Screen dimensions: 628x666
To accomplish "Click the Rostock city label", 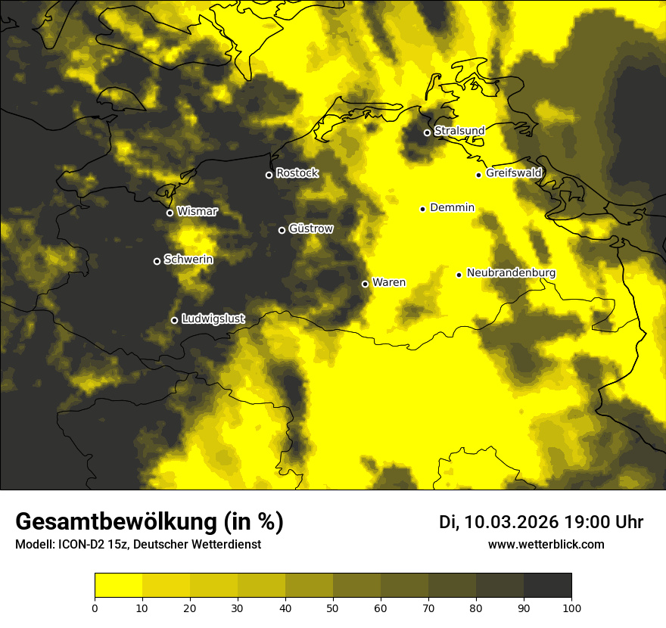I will [297, 173].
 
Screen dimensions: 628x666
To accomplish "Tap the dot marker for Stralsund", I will [427, 132].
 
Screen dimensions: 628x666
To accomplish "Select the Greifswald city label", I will [514, 173].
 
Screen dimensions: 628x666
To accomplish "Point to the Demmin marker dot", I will [422, 209].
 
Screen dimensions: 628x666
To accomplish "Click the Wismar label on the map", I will [197, 211].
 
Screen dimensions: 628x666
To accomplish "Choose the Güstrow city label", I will [310, 229].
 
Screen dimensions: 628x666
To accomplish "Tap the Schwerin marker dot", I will [157, 261].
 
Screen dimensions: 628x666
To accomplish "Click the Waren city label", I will [388, 283].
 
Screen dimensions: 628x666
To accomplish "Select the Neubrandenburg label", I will [511, 273].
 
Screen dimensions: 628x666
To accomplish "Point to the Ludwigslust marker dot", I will [174, 320].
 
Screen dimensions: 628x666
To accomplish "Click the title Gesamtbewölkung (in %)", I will [149, 522].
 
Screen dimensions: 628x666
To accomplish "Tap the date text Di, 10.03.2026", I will [499, 522].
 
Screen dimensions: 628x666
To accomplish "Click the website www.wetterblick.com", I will [546, 544].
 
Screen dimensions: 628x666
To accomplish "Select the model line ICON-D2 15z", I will [138, 544].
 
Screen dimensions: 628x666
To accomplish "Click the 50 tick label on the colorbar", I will [333, 607].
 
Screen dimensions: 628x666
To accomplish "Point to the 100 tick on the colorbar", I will [571, 607].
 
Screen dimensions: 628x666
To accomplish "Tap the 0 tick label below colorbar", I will [95, 607].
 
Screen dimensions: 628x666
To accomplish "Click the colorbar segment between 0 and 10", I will [118, 586].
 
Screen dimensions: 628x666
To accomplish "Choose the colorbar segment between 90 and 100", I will [547, 586].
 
